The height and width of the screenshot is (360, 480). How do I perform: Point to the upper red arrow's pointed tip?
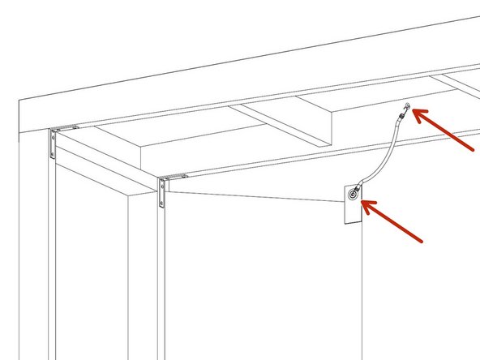(x=416, y=114)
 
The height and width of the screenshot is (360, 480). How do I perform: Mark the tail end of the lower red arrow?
(x=422, y=241)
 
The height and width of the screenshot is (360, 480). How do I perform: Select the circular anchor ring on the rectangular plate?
(x=354, y=194)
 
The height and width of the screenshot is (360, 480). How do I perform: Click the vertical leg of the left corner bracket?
(x=53, y=144)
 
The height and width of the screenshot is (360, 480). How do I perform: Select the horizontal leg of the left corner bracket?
(x=64, y=128)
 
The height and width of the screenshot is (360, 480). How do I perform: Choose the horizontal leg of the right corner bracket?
(x=174, y=176)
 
